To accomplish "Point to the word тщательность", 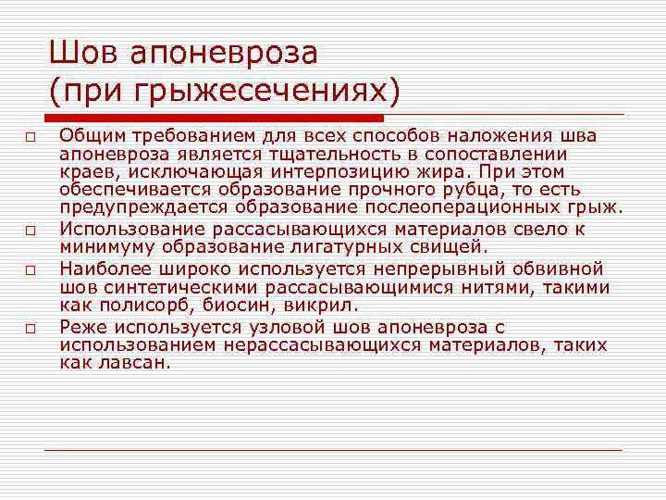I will [335, 154].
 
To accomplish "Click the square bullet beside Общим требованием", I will [31, 138].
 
